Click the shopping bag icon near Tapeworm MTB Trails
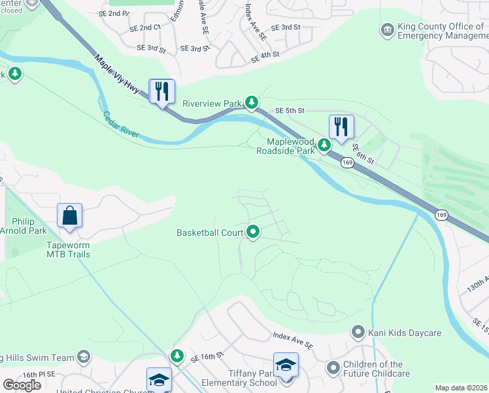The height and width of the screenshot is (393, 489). point(69,215)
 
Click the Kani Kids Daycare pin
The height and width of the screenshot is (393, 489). point(358,333)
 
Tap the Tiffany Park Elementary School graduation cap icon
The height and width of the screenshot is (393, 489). point(286,365)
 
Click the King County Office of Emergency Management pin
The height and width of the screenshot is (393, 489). point(388,29)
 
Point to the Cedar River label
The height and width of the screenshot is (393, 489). point(121,124)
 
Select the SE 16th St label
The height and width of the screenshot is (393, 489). point(207,357)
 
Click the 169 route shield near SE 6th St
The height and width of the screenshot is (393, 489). point(346,161)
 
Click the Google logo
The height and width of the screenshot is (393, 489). point(22,384)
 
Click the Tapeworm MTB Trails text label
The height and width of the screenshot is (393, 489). point(69,249)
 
